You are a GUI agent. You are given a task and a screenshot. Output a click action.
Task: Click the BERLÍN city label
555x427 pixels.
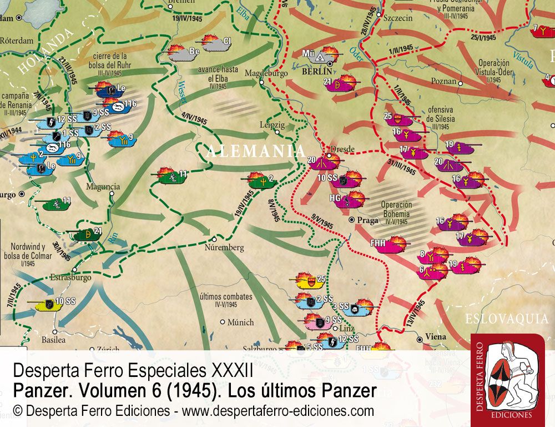[x=317, y=72]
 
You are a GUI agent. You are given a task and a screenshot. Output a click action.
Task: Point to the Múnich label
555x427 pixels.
[x=240, y=322]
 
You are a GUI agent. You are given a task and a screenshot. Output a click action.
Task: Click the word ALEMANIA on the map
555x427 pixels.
[x=256, y=151]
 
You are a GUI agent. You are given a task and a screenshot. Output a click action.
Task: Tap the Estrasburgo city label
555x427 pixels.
[x=70, y=276]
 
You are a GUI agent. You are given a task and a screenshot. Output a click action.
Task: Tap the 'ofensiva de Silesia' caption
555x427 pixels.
[x=441, y=115]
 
